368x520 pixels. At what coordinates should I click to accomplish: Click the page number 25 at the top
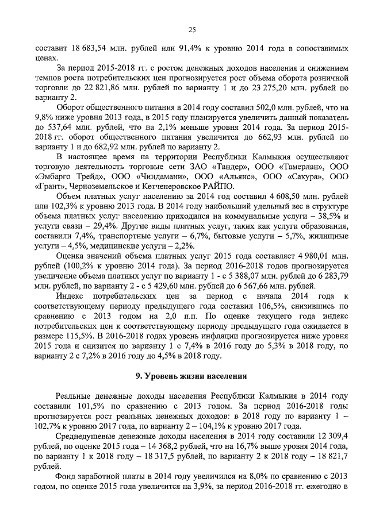click(x=192, y=30)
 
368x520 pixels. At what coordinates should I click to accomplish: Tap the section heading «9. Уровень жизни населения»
click(x=191, y=376)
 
